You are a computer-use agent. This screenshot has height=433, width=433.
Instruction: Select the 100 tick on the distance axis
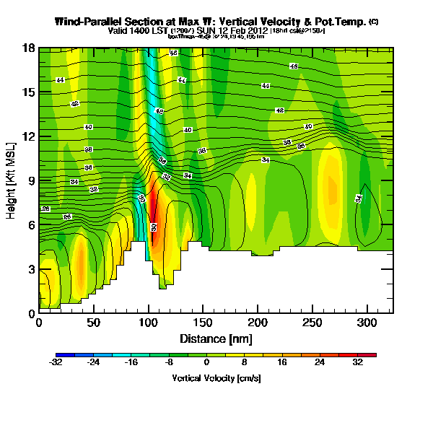tap(148, 323)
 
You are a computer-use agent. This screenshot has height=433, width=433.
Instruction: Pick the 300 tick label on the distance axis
tap(367, 323)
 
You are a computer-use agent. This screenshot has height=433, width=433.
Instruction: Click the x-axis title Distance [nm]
tap(216, 338)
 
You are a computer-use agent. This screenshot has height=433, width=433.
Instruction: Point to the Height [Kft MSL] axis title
tap(12, 180)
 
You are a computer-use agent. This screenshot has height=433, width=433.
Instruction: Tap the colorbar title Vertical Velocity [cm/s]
tap(216, 378)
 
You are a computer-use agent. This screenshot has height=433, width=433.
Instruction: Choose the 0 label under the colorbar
tap(206, 364)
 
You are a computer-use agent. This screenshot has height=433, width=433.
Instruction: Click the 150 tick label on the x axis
tap(203, 323)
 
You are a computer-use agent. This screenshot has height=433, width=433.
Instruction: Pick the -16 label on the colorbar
tap(131, 364)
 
